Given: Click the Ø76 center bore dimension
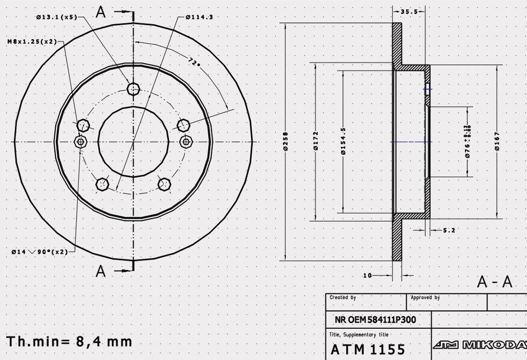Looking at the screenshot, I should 468,141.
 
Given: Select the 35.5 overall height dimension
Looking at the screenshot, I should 409,11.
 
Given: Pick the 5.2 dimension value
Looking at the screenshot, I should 449,230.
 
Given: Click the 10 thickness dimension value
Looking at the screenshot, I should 368,276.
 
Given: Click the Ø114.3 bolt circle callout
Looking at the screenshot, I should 199,17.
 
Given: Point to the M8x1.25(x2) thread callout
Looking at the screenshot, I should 32,41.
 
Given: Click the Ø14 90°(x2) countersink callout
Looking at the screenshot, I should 39,252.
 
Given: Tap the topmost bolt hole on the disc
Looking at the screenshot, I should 133,88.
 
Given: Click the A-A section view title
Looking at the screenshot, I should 494,282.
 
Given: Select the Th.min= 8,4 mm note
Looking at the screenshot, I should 69,341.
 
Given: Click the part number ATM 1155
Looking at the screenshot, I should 368,349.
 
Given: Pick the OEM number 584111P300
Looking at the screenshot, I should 375,320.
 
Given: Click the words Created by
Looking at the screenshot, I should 343,297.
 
